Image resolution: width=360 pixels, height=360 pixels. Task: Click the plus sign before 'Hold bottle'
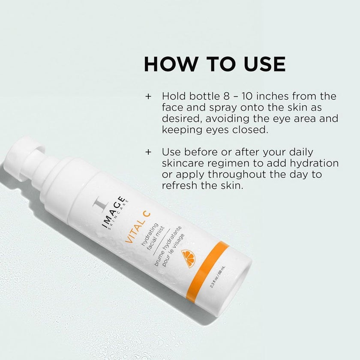[148, 96]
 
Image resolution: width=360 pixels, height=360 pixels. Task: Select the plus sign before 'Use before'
[148, 152]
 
